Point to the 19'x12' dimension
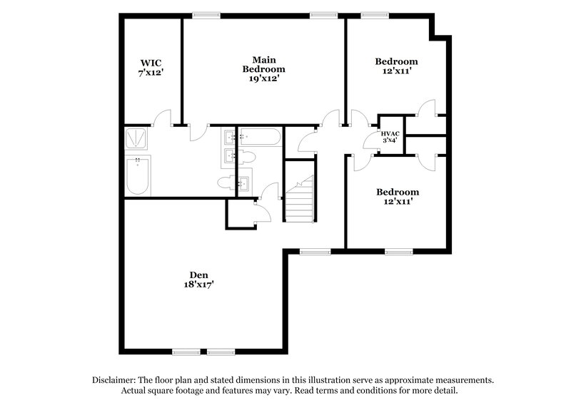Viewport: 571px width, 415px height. pos(263,79)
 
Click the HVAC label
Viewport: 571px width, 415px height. pos(390,133)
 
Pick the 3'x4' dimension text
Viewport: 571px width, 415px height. pos(390,141)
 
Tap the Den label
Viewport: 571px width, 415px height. pos(198,275)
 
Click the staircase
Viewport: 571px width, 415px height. pos(300,200)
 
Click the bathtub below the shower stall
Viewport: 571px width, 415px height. pos(138,175)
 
